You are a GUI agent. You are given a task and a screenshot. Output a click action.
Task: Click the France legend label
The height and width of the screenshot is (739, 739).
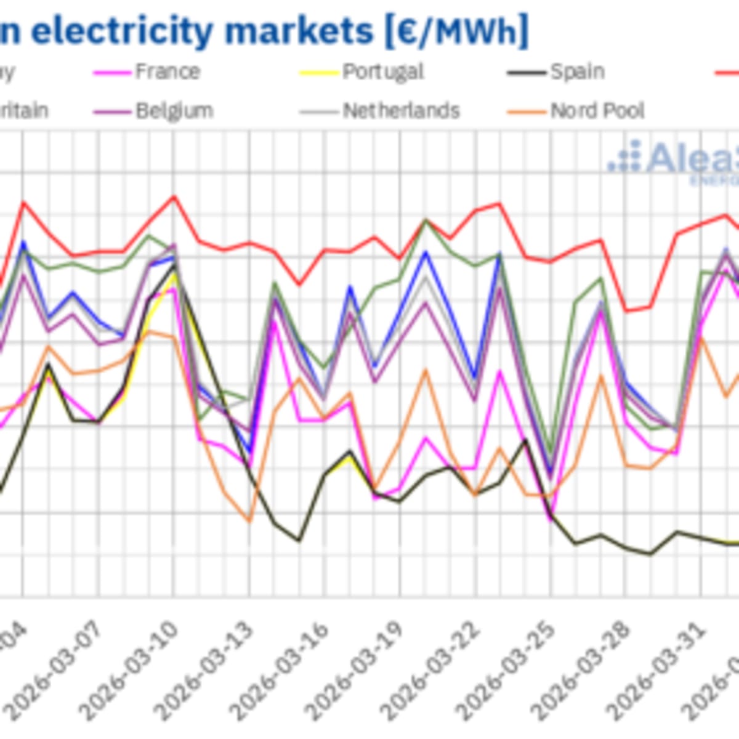(167, 72)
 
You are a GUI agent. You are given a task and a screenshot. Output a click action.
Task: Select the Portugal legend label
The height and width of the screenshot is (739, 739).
(383, 72)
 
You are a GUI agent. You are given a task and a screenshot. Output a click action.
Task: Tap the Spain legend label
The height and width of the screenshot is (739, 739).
(577, 72)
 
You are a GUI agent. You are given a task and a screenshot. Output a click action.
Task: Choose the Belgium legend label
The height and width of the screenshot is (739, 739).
(174, 111)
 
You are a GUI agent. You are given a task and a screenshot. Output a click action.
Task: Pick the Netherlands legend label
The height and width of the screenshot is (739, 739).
(401, 111)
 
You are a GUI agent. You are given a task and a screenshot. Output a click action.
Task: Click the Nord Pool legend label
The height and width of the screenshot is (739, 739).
(597, 111)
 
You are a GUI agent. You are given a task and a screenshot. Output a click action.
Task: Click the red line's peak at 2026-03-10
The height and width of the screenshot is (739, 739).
(174, 196)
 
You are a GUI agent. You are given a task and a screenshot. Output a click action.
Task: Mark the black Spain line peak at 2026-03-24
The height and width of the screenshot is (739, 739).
(525, 440)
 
